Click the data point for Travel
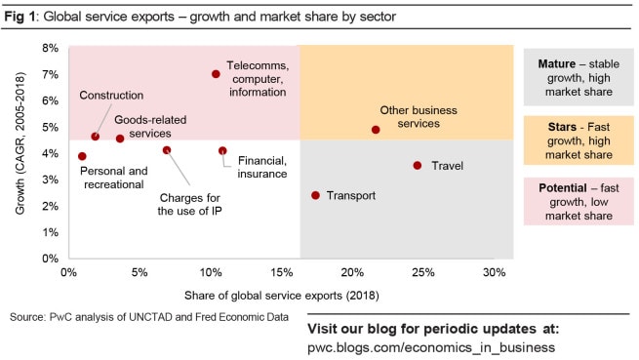tap(418, 166)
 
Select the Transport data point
tap(315, 195)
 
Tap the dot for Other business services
tap(377, 130)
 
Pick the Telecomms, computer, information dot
tap(216, 74)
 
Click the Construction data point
tap(95, 137)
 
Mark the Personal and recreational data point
tap(82, 156)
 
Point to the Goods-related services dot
tap(120, 139)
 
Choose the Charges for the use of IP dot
tap(167, 150)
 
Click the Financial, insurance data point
tap(222, 151)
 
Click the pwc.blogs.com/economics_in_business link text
tap(431, 347)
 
